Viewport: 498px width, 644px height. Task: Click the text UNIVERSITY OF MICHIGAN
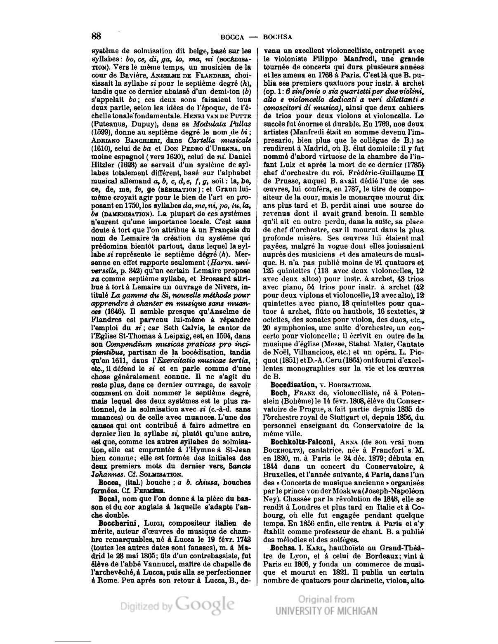326,611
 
